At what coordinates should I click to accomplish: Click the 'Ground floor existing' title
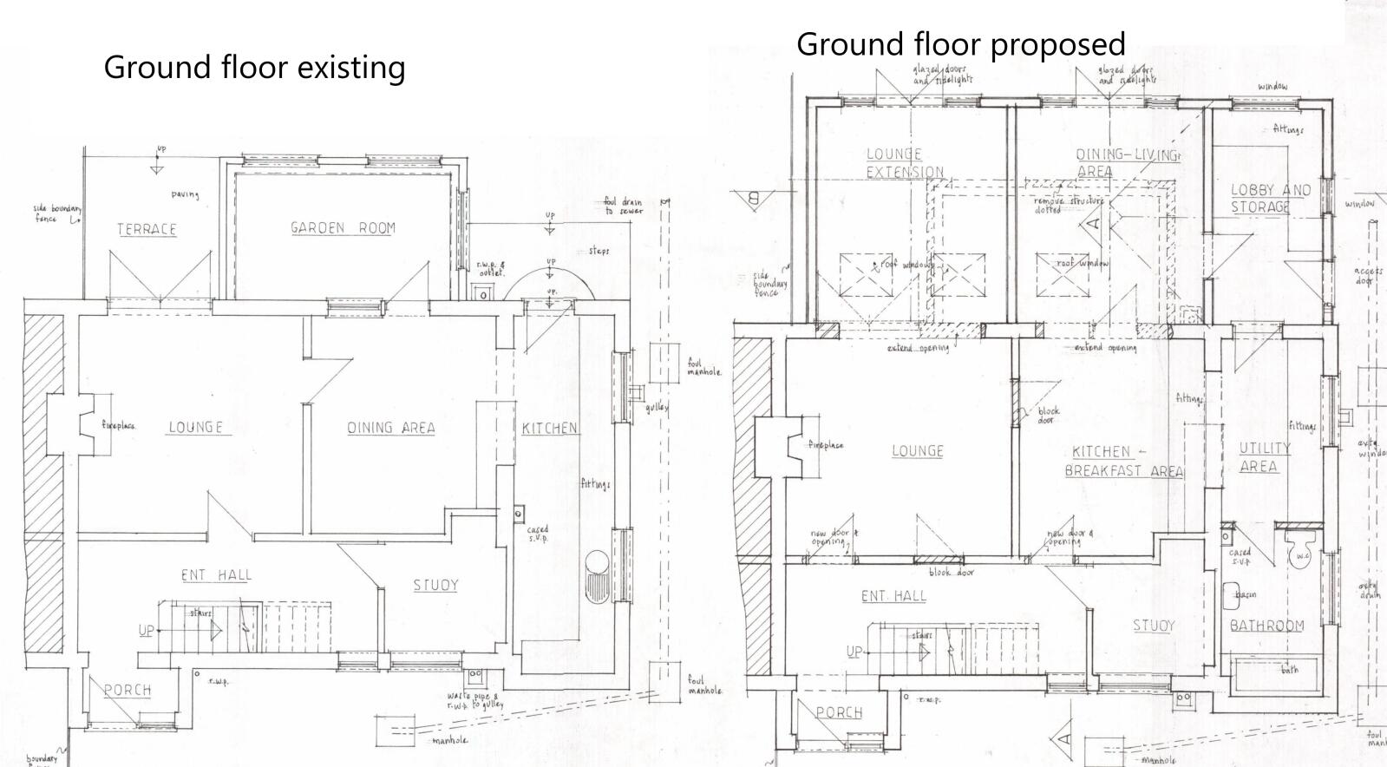(x=254, y=67)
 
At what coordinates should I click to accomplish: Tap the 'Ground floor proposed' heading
(x=960, y=43)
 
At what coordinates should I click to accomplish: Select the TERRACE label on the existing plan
(x=147, y=229)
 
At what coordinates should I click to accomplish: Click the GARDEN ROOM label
(x=343, y=228)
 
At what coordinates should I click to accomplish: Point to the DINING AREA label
(x=391, y=428)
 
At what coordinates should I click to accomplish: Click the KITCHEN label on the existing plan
(x=550, y=428)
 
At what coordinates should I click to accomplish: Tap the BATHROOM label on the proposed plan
(x=1266, y=626)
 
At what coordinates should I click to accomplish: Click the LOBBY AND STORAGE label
(x=1270, y=199)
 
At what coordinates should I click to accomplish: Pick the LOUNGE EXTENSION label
(x=904, y=163)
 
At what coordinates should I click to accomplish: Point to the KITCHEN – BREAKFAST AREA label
(x=1122, y=461)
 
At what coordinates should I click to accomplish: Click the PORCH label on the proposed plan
(x=839, y=712)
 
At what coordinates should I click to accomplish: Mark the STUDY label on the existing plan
(x=435, y=586)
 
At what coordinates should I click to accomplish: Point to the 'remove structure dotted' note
(x=1068, y=205)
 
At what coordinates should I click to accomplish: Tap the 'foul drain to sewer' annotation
(x=623, y=206)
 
